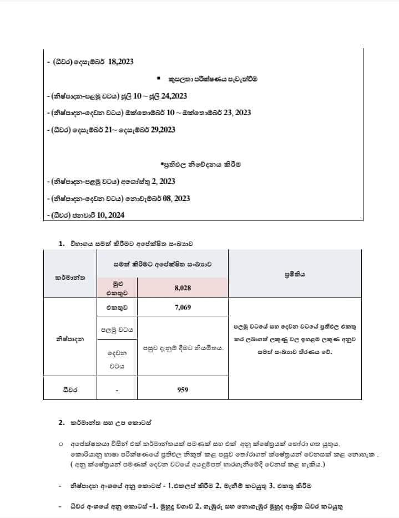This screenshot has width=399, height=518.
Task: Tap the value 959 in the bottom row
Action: [x=182, y=389]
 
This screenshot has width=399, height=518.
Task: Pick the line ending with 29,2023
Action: [x=112, y=130]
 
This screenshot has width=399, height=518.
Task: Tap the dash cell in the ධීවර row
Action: [x=117, y=390]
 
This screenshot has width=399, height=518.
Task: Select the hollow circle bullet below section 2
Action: [x=60, y=444]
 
